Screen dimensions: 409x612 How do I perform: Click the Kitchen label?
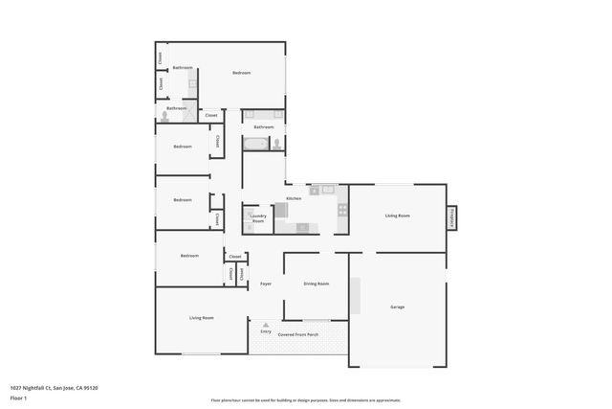pos(294,198)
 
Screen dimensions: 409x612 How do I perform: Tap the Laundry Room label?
pos(258,218)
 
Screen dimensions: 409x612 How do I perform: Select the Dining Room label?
pos(317,284)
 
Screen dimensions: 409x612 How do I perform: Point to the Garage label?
pos(398,307)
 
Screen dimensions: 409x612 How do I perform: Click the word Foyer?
pos(266,284)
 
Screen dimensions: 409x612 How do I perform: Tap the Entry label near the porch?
pos(266,331)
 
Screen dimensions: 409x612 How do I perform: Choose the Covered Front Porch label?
pos(299,335)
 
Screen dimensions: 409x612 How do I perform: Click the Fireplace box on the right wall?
pos(451,217)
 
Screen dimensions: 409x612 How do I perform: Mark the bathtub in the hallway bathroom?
pos(255,144)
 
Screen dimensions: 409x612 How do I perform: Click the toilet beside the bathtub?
pos(276,145)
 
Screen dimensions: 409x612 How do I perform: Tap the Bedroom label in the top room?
pos(241,73)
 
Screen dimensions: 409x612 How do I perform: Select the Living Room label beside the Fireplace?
pos(398,216)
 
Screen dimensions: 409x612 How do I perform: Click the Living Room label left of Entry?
pos(201,317)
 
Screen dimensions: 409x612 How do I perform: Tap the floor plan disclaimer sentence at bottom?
pos(306,400)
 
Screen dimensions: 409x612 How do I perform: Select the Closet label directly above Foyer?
pos(235,256)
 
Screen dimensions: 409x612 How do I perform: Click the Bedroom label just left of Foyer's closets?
pos(189,256)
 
